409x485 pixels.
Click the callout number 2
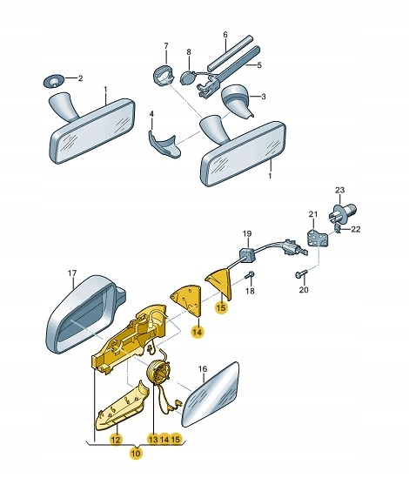(x=80, y=78)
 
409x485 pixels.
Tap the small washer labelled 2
(x=53, y=81)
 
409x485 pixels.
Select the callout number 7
(x=166, y=46)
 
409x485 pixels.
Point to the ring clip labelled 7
(x=164, y=76)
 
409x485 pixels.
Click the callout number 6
(x=225, y=35)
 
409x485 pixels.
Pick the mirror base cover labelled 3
(x=236, y=98)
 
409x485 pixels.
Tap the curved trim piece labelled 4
(x=164, y=143)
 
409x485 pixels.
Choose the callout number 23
(x=339, y=190)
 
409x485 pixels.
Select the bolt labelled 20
(x=301, y=273)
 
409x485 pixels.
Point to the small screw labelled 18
(x=250, y=274)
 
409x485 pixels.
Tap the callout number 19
(x=247, y=234)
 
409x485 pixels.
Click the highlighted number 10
(x=136, y=453)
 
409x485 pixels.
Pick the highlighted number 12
(x=116, y=439)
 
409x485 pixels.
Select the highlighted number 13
(x=154, y=439)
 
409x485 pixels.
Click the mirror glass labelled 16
(x=211, y=395)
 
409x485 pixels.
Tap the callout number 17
(x=72, y=273)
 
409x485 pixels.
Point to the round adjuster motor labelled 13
(x=158, y=374)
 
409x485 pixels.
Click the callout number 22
(x=356, y=229)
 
